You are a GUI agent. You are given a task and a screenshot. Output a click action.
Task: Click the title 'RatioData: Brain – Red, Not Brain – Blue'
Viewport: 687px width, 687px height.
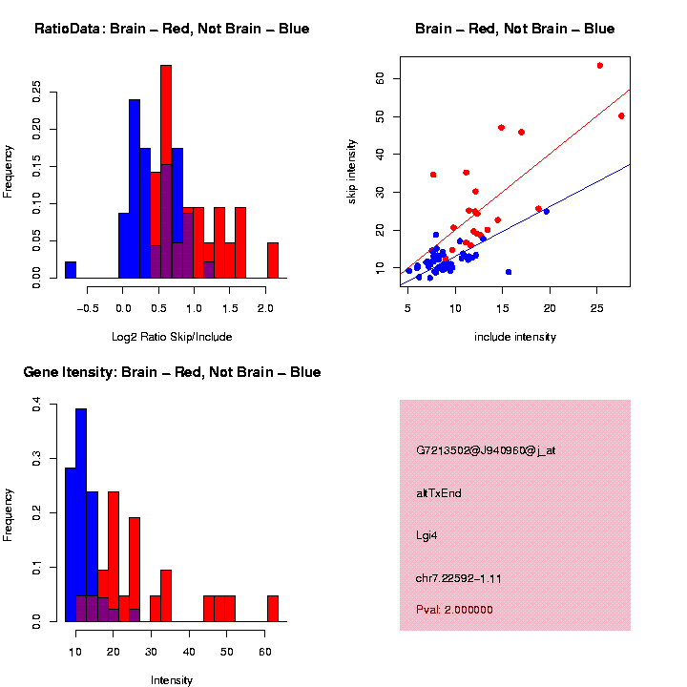pos(172,29)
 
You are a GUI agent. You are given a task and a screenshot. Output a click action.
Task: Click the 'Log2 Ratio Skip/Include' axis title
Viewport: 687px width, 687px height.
pos(172,337)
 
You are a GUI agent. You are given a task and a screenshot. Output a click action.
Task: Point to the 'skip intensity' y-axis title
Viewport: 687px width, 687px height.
pos(351,172)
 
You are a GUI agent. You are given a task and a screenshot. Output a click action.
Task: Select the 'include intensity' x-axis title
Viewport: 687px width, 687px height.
pos(515,337)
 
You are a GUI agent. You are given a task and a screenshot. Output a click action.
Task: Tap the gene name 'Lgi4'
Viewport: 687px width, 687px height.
pos(427,535)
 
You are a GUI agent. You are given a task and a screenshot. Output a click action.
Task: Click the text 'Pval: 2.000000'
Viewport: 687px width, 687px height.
pos(455,610)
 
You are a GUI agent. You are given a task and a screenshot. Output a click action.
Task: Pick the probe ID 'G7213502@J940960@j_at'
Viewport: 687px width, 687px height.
pos(486,449)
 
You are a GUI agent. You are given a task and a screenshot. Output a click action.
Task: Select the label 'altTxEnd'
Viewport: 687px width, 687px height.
pos(439,493)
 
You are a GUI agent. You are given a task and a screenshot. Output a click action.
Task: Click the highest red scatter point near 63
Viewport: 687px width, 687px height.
pos(599,66)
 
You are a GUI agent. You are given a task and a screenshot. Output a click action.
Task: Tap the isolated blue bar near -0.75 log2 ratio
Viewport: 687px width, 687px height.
pos(71,269)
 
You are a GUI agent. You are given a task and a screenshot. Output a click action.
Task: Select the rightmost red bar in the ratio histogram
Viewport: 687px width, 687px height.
pos(273,260)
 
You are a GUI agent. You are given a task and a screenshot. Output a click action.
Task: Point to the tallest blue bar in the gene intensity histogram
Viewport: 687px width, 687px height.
pos(81,515)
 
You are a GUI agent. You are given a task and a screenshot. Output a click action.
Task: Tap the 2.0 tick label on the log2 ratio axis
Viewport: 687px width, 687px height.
pos(265,308)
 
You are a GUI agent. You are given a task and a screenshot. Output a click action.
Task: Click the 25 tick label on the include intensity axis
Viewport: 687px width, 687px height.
pos(597,308)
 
